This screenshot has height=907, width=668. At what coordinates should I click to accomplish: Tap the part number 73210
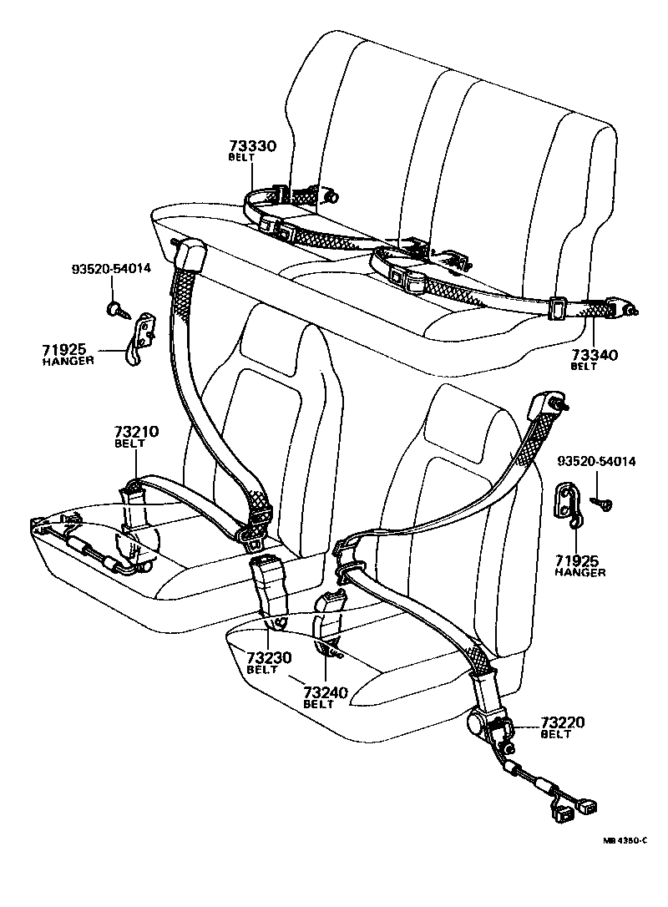tap(135, 432)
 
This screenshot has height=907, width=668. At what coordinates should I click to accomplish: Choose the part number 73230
tap(268, 658)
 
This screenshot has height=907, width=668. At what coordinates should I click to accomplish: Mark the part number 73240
tap(325, 692)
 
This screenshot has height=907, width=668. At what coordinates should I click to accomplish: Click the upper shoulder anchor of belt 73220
tap(549, 403)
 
